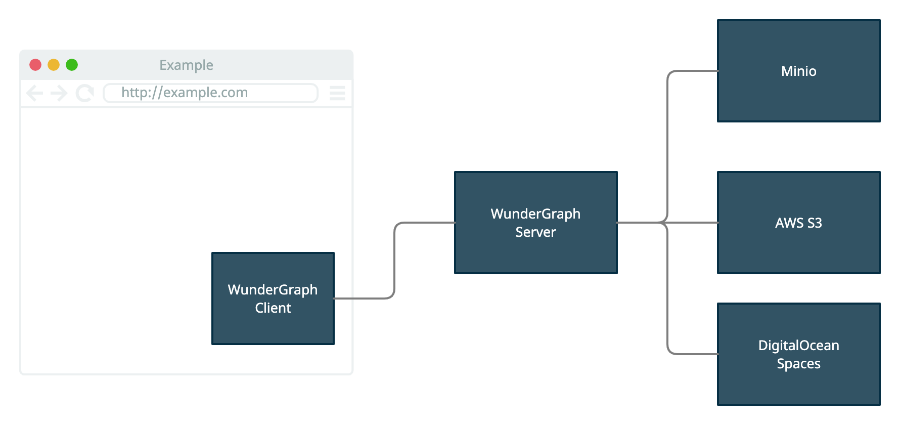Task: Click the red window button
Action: (x=35, y=65)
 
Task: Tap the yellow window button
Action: (x=54, y=65)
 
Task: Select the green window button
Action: (x=72, y=65)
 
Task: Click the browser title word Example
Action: (x=186, y=65)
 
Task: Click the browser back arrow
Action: (x=34, y=93)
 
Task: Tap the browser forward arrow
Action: (x=59, y=93)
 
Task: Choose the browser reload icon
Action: (x=84, y=93)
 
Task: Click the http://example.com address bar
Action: (x=210, y=93)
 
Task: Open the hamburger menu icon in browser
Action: (x=337, y=93)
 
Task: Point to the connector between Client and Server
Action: (x=394, y=261)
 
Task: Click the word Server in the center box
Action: (x=536, y=232)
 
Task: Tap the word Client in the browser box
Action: (x=273, y=308)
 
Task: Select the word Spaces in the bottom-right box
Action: (x=799, y=364)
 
